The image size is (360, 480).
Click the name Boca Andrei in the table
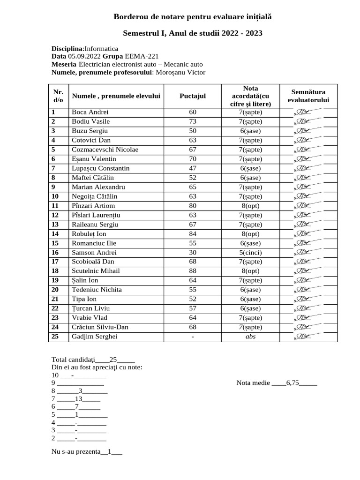tap(90, 112)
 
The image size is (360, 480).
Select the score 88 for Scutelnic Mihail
tap(193, 271)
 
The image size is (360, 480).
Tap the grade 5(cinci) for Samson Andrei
tap(247, 252)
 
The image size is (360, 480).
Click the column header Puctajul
tap(193, 96)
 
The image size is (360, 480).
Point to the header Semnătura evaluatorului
tap(308, 96)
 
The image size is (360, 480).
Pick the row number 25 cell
tap(55, 337)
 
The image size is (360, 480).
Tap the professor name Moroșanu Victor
tap(180, 72)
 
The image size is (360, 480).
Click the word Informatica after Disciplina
tap(101, 48)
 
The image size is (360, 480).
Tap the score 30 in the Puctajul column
tap(193, 252)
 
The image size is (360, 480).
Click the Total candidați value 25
tap(112, 360)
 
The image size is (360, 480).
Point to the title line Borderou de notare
tap(193, 17)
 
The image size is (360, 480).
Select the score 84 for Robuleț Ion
tap(193, 233)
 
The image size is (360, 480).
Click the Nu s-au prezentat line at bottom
tap(87, 452)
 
